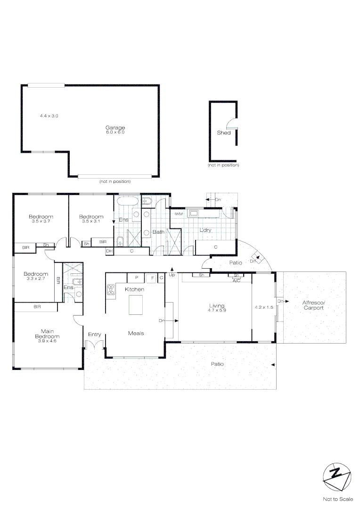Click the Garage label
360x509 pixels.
(115, 128)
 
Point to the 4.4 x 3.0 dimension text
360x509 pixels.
(49, 115)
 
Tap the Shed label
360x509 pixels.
(223, 133)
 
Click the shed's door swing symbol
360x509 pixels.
(231, 124)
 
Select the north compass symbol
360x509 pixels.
(336, 476)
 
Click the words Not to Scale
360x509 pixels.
(337, 499)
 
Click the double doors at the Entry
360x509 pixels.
(94, 345)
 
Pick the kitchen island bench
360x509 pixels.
(137, 304)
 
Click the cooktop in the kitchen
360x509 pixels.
(111, 290)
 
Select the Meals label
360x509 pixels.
(136, 333)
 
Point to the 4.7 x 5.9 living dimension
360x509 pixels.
(217, 311)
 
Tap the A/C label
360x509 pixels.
(237, 280)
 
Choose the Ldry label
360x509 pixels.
(205, 230)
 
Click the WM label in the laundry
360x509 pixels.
(179, 214)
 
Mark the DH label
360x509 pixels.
(109, 251)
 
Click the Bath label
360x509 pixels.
(158, 232)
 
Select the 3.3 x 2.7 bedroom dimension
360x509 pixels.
(36, 279)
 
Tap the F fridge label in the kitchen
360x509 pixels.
(153, 278)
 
